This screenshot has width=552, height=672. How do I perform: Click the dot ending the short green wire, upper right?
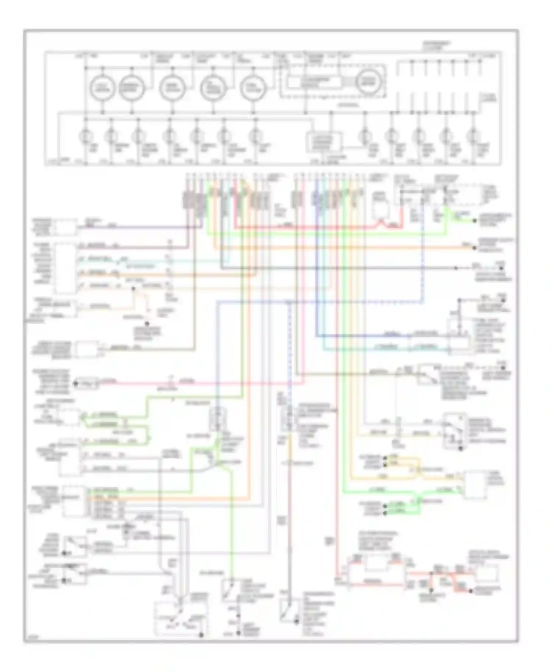[x=475, y=221]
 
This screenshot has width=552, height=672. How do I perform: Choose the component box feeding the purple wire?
[x=66, y=228]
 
